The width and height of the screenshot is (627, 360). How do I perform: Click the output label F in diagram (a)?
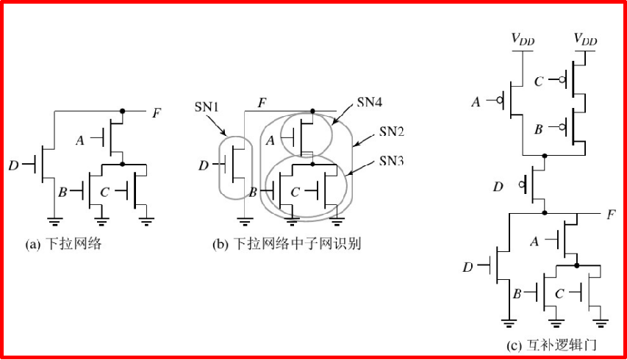(156, 112)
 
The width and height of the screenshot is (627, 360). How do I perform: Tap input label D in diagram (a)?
(13, 165)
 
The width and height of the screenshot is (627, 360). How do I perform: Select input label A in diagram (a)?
(79, 139)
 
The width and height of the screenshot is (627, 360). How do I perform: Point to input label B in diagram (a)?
(63, 193)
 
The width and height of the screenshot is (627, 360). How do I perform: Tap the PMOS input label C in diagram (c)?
(539, 81)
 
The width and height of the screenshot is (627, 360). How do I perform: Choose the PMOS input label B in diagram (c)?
(539, 129)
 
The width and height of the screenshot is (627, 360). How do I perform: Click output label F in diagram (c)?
(611, 215)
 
